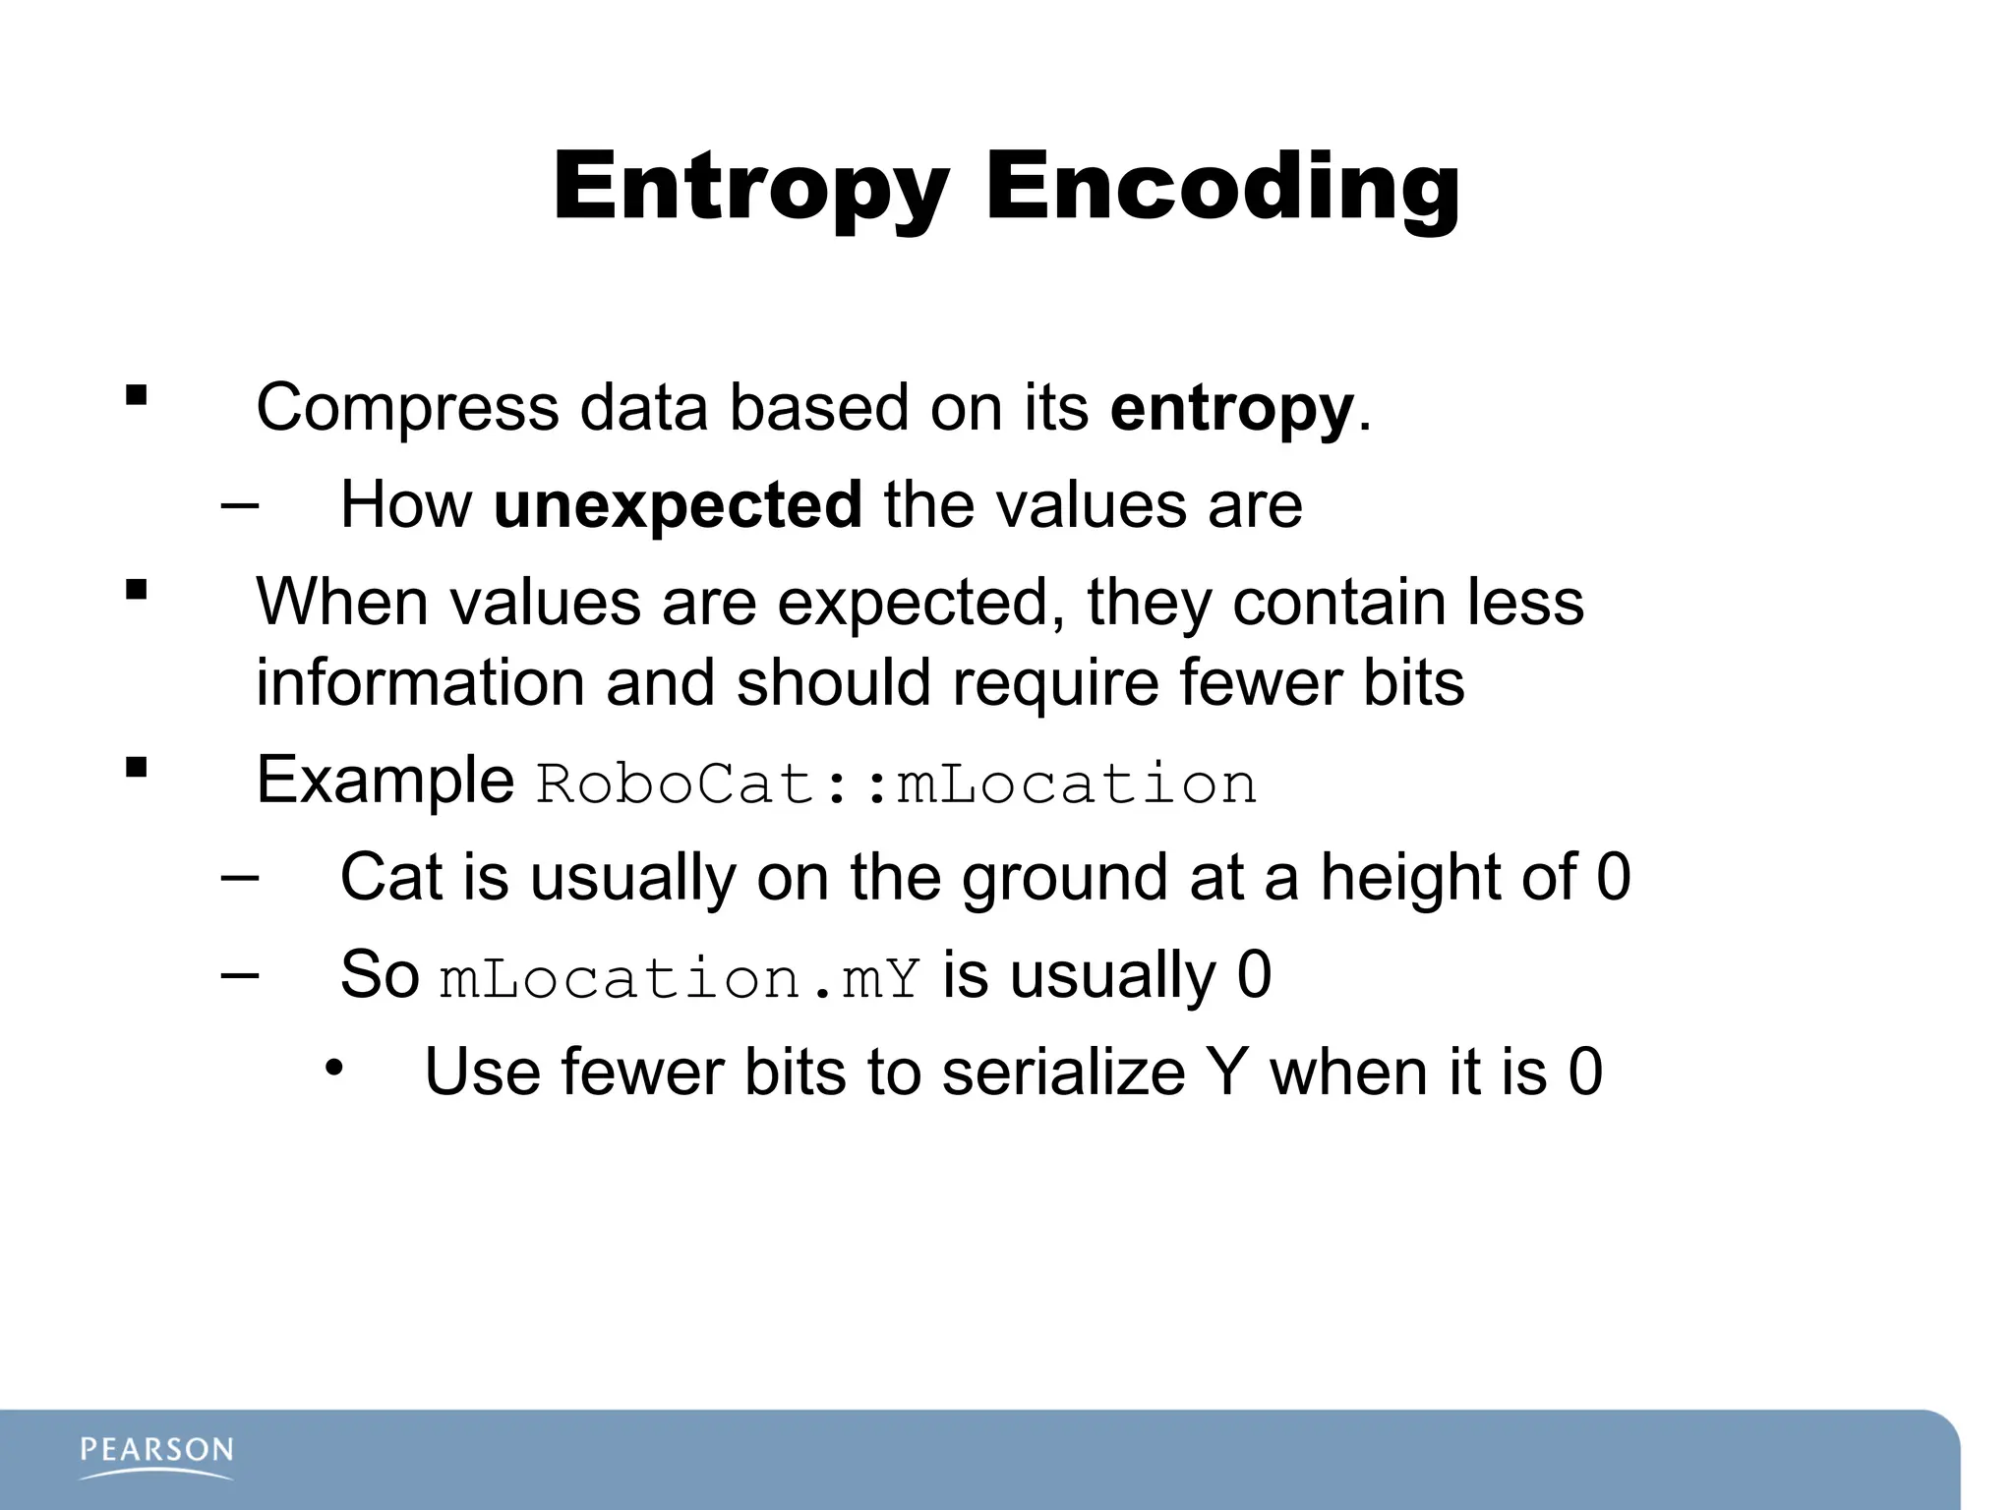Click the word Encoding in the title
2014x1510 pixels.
[x=1222, y=187]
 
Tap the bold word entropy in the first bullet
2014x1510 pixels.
[x=1231, y=409]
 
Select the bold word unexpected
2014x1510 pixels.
[x=678, y=505]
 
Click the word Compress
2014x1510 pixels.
[x=407, y=409]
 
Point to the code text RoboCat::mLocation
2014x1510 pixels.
[x=896, y=784]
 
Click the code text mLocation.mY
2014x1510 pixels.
[x=680, y=978]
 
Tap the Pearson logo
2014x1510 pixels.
[x=157, y=1456]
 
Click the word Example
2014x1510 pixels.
[x=385, y=781]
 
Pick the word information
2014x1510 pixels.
[x=420, y=683]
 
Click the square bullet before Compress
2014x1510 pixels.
[x=136, y=396]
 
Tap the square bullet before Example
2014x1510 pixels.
[x=136, y=767]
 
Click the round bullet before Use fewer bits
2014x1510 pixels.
[x=334, y=1068]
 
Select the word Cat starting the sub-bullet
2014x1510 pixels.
[x=390, y=878]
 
